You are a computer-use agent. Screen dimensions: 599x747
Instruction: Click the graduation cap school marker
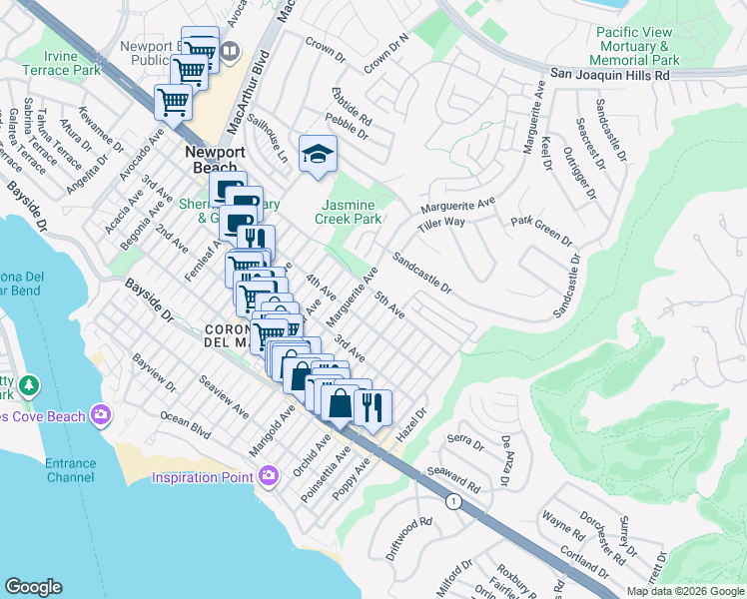point(319,155)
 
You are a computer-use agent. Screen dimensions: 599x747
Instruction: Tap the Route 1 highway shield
point(453,501)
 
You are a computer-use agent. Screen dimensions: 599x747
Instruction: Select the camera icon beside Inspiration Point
point(268,477)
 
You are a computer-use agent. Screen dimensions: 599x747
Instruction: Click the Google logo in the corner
point(33,587)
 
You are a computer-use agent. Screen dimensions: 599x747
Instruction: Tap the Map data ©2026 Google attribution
point(684,591)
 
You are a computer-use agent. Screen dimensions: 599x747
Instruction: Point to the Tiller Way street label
point(442,224)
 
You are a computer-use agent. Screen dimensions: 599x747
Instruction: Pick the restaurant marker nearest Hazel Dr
point(373,407)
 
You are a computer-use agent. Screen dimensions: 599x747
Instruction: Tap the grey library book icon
point(231,50)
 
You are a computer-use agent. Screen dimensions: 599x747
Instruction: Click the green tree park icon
point(30,385)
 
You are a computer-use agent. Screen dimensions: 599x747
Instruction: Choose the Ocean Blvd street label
point(186,427)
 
